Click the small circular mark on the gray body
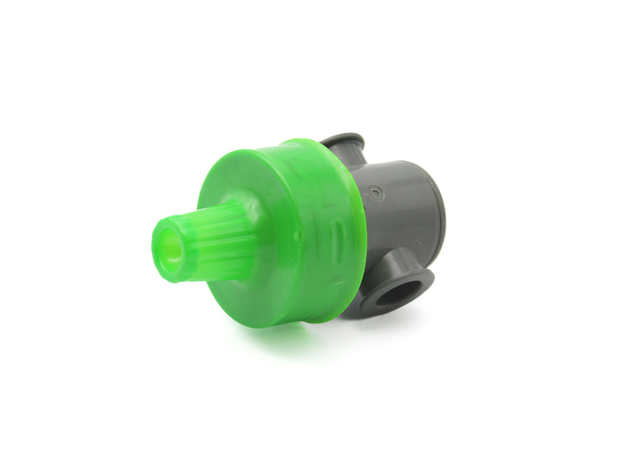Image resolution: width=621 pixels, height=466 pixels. click(x=377, y=193)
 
